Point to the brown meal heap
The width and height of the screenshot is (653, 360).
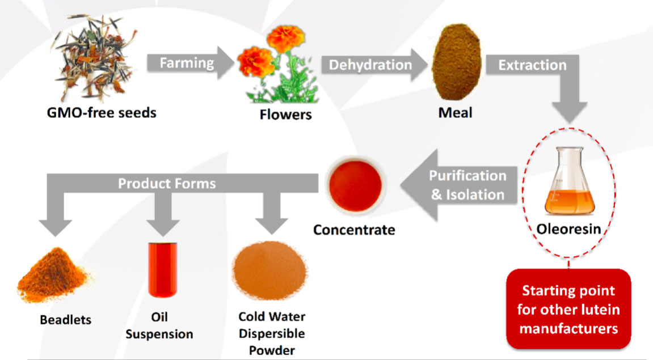(457, 62)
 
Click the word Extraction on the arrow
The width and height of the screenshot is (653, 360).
(532, 65)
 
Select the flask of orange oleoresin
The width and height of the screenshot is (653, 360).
(570, 181)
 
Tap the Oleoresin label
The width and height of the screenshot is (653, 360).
(568, 229)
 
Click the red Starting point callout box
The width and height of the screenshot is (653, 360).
(568, 309)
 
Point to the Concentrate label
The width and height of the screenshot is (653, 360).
(354, 230)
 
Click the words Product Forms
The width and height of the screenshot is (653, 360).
(167, 184)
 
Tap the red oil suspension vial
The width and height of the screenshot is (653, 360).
(163, 270)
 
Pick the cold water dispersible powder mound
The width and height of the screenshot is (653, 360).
(270, 270)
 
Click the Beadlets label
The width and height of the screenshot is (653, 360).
(65, 320)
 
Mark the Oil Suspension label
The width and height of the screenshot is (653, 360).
(159, 325)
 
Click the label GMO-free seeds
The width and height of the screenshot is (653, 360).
(102, 113)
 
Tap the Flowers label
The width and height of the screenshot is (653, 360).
(286, 115)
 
